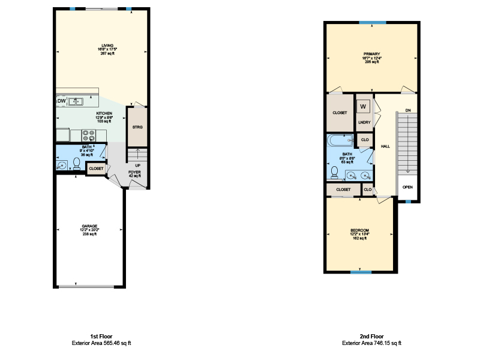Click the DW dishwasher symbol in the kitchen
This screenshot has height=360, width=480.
tap(61, 101)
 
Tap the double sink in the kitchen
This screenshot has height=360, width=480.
tap(76, 101)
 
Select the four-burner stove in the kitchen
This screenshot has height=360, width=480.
tap(88, 135)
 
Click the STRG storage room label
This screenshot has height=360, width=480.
tap(137, 127)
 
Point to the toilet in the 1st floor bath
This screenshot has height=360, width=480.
tap(76, 163)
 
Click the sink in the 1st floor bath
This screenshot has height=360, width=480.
tap(61, 165)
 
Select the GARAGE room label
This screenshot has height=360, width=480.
tap(89, 226)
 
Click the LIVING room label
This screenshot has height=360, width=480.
tap(107, 46)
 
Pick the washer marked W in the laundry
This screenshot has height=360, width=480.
tap(362, 107)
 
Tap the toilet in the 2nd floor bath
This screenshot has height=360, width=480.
tap(334, 172)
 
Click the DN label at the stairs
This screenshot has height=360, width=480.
tap(407, 110)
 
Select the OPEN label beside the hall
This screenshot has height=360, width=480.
tap(407, 187)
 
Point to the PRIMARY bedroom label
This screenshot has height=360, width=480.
tap(371, 54)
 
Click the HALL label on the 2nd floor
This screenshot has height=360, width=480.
tap(385, 146)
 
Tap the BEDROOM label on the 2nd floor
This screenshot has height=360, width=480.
tap(360, 231)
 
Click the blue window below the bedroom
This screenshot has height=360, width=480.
tap(361, 273)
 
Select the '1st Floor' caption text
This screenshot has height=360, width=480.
tap(101, 337)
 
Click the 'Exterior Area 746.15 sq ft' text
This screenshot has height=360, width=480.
tap(371, 343)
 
